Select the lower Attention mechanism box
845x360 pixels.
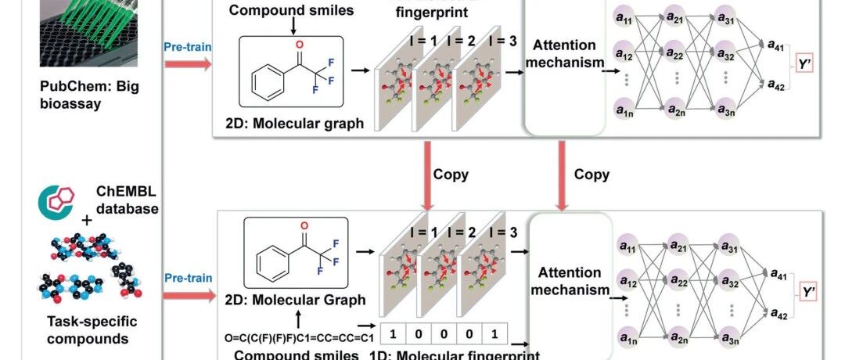tap(570, 282)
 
